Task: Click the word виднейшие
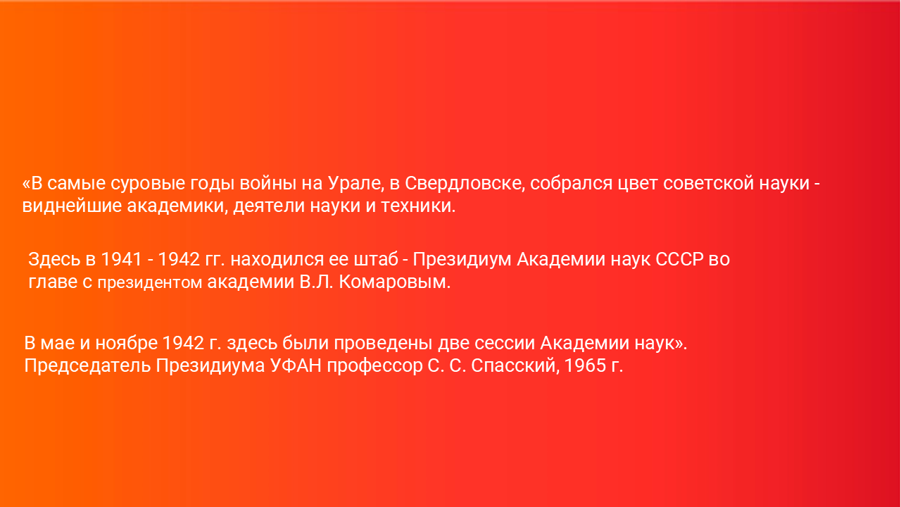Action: [x=72, y=206]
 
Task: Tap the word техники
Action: [x=418, y=206]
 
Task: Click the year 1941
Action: [x=122, y=260]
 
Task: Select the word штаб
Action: [x=376, y=258]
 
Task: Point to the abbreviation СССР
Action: [x=679, y=260]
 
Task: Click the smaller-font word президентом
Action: [x=150, y=283]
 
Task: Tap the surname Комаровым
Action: [x=395, y=282]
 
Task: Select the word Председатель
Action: [x=87, y=366]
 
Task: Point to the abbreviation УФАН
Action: [x=296, y=365]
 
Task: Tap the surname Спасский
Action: [x=515, y=366]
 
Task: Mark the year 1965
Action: [x=586, y=366]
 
